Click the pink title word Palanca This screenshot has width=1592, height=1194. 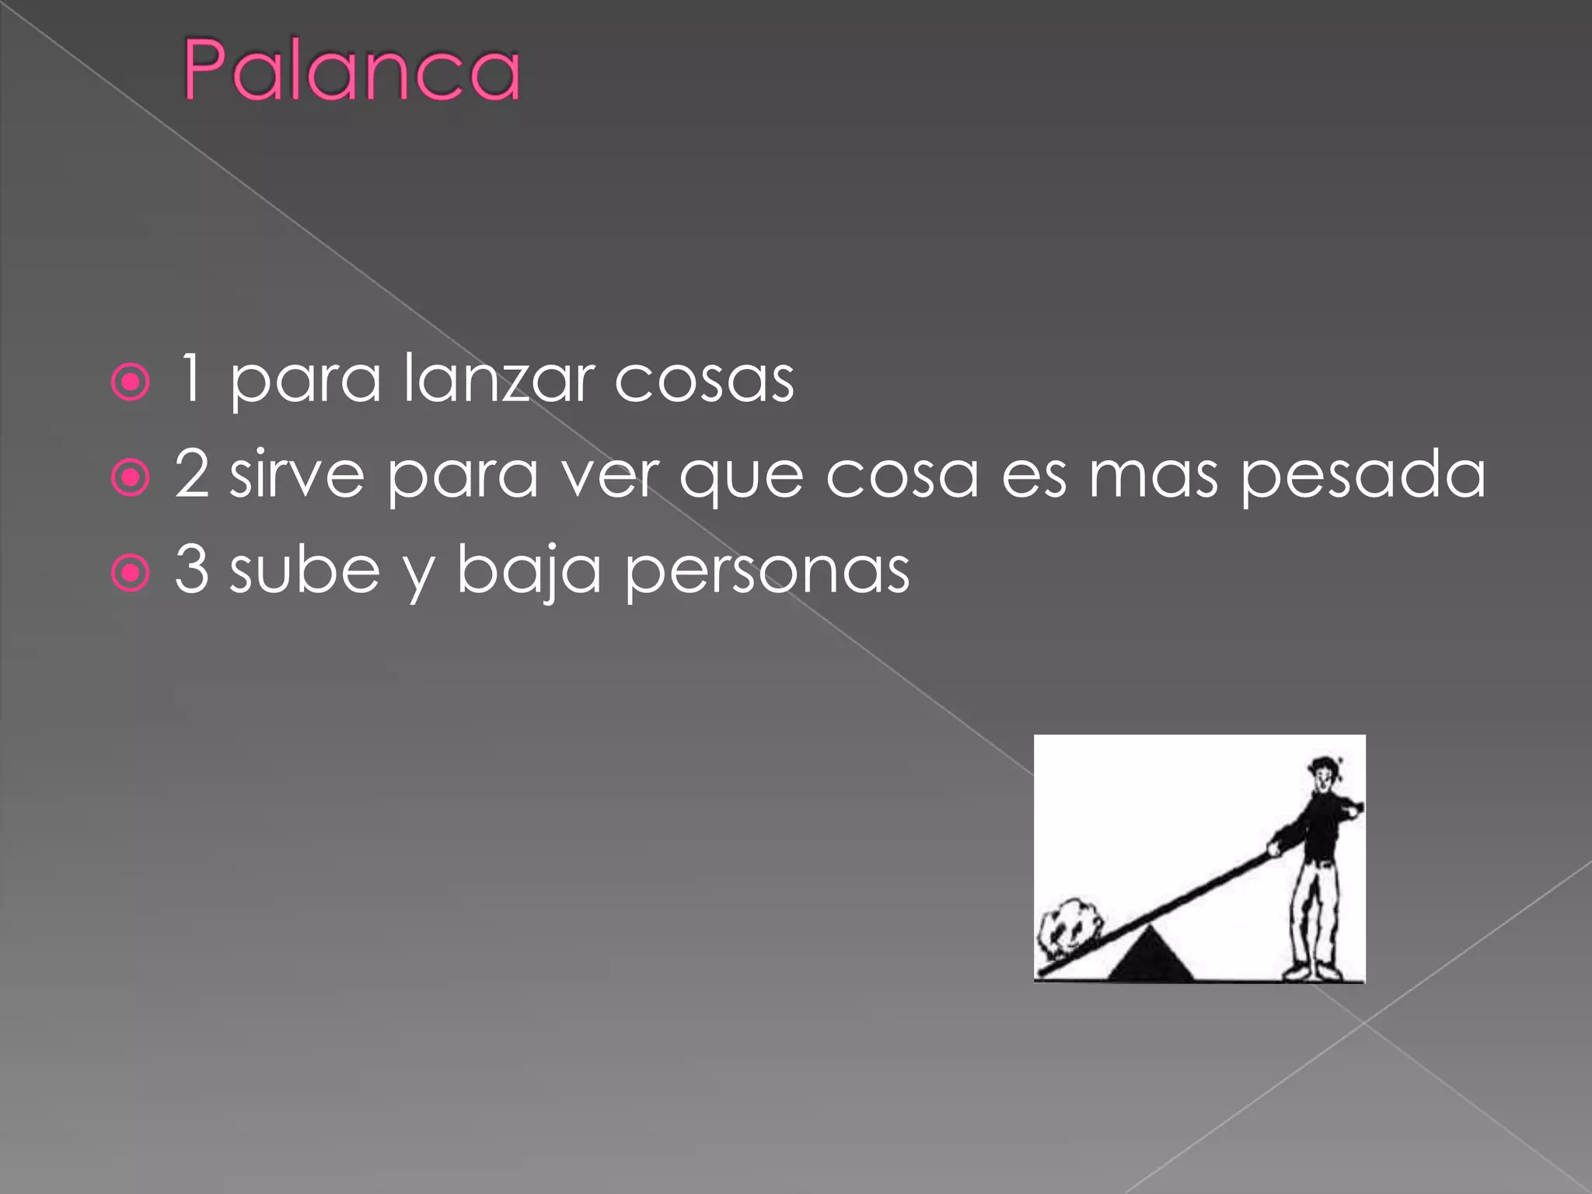351,71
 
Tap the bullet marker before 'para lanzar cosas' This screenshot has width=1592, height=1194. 131,382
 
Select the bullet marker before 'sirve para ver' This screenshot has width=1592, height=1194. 131,477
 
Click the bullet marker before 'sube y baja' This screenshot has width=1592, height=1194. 131,573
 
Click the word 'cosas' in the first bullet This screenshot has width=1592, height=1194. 704,381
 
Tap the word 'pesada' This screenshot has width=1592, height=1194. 1363,476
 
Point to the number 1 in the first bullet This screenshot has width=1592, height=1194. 191,379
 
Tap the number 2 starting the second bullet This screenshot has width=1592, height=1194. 192,473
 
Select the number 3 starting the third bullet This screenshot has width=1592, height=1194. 192,569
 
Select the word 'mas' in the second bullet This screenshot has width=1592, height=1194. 1153,476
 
